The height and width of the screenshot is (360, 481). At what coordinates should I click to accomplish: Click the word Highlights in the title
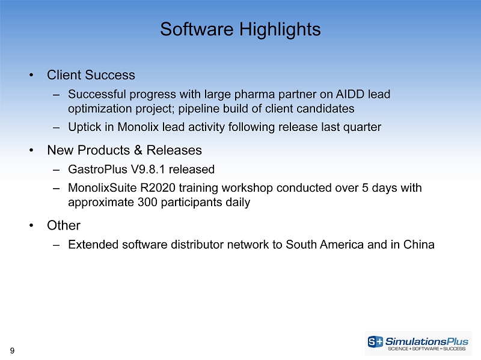point(280,30)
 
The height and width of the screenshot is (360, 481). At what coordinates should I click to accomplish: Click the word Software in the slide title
point(197,29)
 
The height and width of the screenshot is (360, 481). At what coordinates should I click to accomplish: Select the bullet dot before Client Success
point(31,75)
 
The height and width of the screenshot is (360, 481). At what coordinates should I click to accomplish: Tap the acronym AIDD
point(350,94)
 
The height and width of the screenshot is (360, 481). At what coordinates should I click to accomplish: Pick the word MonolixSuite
point(102,188)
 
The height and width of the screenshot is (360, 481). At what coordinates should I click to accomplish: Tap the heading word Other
point(64,225)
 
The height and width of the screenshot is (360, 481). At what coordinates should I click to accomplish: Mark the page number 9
point(12,350)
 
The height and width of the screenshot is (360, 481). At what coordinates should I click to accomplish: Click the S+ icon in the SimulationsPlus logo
point(375,341)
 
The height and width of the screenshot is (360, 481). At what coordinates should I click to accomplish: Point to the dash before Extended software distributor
point(56,245)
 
